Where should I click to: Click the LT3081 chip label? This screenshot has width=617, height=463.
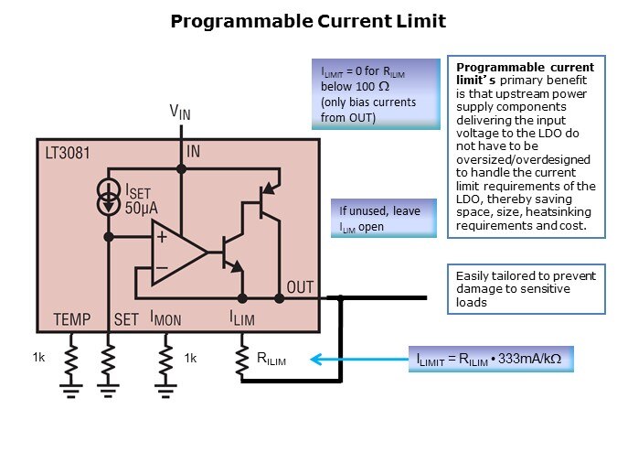tap(68, 152)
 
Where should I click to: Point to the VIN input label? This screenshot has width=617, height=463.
tap(181, 112)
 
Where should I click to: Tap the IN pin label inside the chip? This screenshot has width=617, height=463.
tap(193, 152)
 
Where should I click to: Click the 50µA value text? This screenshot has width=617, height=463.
tap(142, 208)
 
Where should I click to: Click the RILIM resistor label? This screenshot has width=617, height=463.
tap(272, 360)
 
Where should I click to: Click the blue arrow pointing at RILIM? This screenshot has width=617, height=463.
tap(356, 360)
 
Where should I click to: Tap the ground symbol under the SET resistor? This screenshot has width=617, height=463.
tap(109, 391)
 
